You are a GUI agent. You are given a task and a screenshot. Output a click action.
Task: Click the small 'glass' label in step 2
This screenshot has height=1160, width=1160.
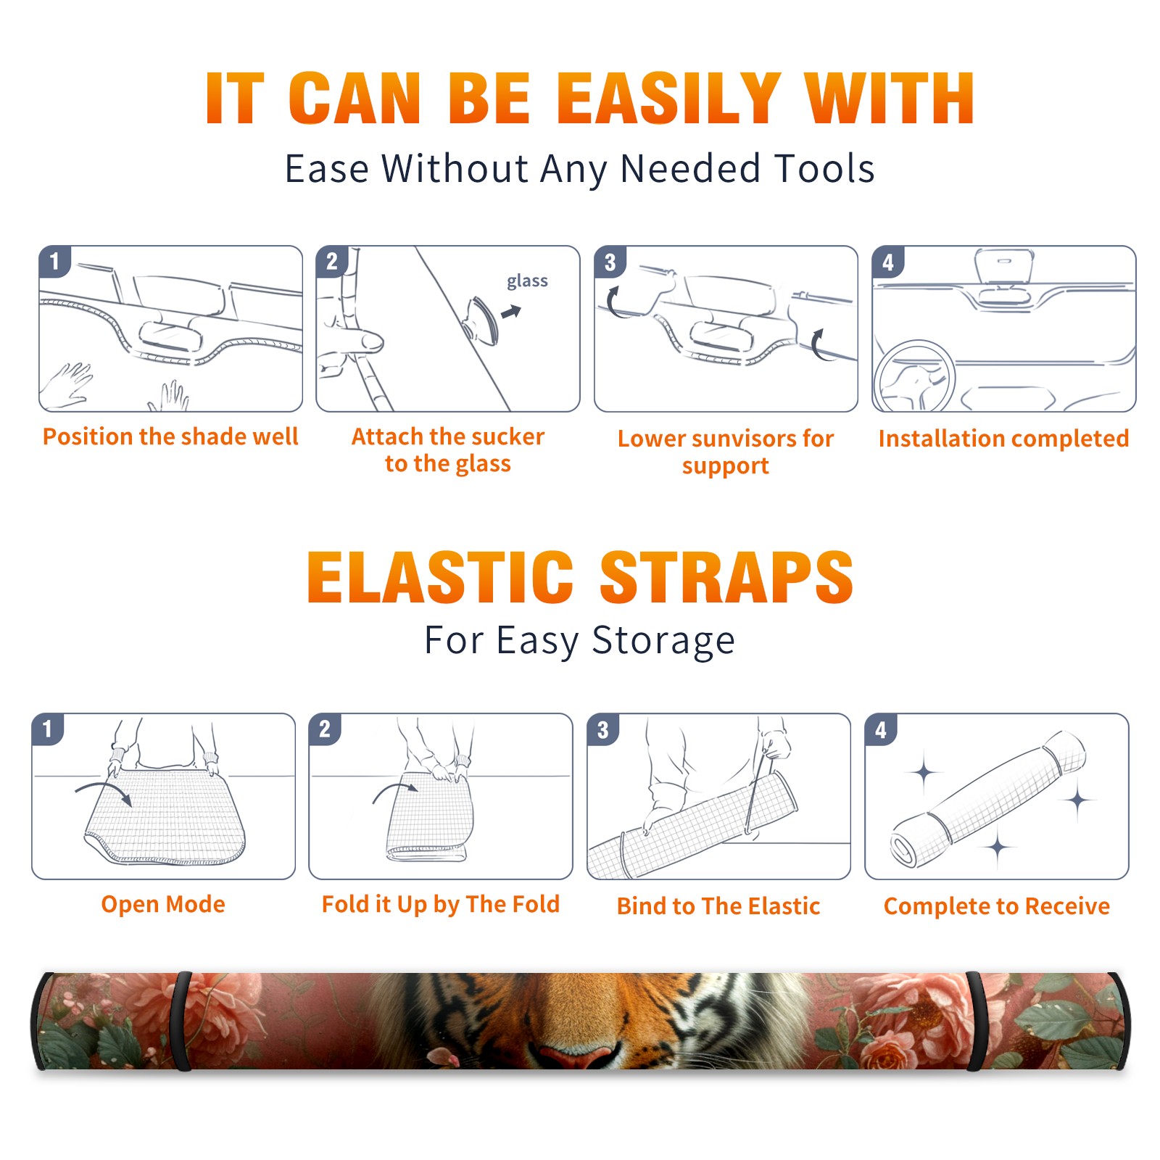point(527,281)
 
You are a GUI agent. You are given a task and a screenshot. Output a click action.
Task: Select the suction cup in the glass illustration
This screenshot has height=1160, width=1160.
point(481,320)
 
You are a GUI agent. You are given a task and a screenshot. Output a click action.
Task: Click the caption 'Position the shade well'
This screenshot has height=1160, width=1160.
point(170,436)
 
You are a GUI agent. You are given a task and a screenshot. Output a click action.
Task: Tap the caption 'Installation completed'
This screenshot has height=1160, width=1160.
point(1003,439)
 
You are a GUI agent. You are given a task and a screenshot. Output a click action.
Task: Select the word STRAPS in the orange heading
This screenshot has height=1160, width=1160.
point(726,577)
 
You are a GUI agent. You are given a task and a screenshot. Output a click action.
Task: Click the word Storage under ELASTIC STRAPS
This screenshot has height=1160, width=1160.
point(663,641)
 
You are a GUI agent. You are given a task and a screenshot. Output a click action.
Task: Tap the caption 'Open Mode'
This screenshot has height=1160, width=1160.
point(163,904)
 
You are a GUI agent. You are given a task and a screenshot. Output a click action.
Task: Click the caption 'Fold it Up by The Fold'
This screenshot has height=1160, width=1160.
point(441,905)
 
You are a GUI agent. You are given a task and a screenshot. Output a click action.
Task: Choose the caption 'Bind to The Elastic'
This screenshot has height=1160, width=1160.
point(718,906)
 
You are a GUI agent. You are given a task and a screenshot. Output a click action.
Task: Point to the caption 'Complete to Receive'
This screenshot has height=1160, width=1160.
point(997,906)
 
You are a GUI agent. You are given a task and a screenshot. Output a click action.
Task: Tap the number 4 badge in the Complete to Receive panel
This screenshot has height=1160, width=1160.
point(881,730)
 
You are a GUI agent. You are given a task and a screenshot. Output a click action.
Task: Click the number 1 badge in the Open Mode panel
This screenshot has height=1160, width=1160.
point(48,729)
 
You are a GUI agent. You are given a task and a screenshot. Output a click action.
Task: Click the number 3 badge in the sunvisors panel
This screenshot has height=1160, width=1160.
point(610,262)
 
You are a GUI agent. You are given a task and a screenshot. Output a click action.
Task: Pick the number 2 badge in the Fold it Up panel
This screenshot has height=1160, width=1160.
point(325,729)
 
